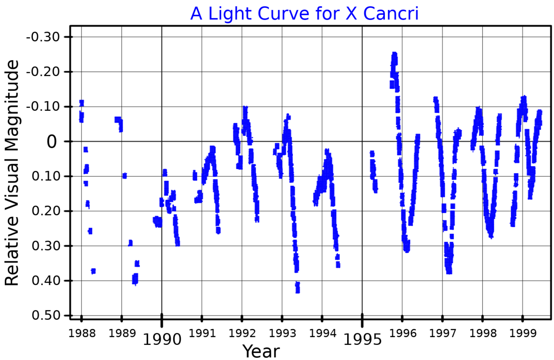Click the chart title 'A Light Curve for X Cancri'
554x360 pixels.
tap(304, 13)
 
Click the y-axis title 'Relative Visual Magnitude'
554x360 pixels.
tap(12, 173)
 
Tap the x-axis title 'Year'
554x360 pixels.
tap(261, 351)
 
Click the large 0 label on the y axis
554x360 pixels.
tap(51, 142)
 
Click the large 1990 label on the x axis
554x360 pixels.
tap(162, 339)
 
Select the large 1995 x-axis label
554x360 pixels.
tap(363, 339)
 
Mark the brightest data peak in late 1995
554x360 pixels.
tap(394, 55)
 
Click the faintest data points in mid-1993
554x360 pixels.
tap(297, 288)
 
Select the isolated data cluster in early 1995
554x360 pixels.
tap(373, 171)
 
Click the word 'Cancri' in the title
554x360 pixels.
tap(391, 13)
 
